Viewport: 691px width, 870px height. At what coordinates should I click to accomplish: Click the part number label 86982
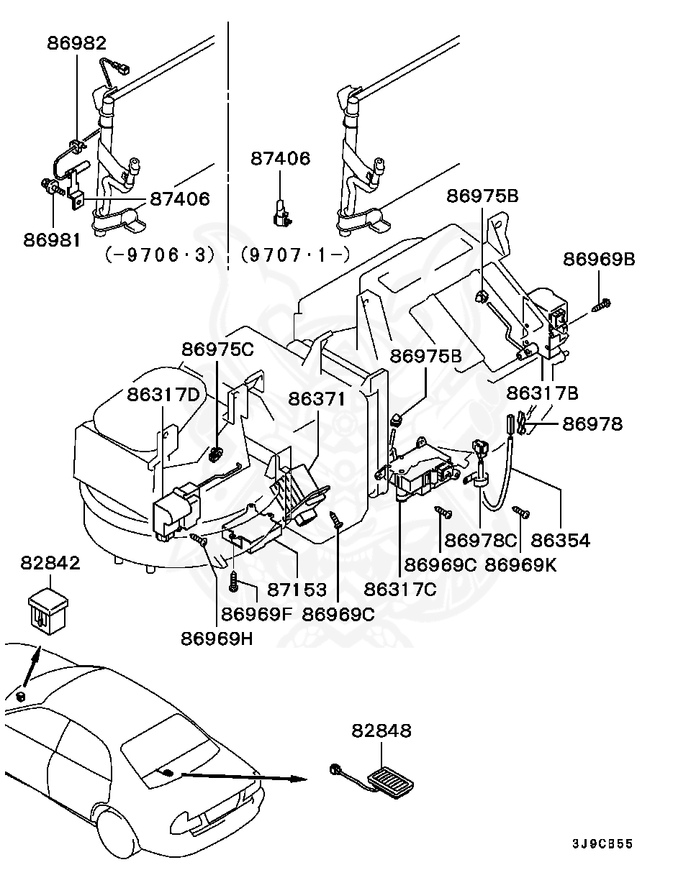[x=77, y=43]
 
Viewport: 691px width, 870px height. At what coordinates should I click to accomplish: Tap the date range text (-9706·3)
[x=159, y=255]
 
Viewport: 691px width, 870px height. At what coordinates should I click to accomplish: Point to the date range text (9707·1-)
[x=295, y=255]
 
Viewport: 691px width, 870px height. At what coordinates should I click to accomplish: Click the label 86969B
[x=599, y=260]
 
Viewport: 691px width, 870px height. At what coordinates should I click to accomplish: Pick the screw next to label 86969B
[x=602, y=306]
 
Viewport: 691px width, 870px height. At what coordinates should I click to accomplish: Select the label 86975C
[x=217, y=349]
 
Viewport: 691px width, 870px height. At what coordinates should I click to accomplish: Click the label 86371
[x=317, y=398]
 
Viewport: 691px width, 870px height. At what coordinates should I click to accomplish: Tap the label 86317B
[x=542, y=393]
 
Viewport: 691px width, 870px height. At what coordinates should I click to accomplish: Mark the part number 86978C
[x=481, y=539]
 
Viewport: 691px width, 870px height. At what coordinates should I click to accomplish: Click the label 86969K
[x=520, y=564]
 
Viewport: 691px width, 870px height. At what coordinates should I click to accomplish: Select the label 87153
[x=297, y=589]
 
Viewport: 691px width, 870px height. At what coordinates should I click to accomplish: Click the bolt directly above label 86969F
[x=234, y=582]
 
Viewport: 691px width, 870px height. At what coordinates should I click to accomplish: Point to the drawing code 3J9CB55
[x=602, y=843]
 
